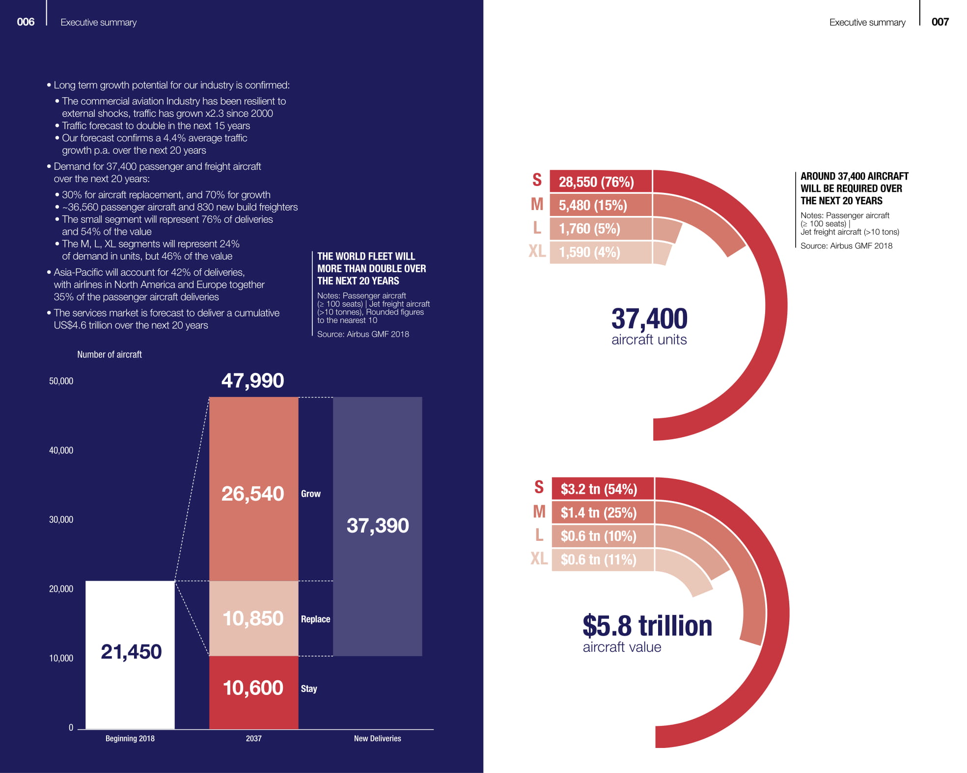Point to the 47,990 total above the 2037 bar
coord(252,381)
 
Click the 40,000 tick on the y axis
coord(61,451)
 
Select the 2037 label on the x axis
coord(253,739)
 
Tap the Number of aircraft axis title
coord(109,354)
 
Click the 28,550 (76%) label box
coord(600,182)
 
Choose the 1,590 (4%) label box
coord(600,252)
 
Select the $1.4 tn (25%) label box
coord(602,513)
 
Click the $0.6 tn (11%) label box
coord(602,560)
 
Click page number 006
coord(26,22)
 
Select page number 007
coord(940,22)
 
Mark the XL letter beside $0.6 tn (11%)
coord(539,559)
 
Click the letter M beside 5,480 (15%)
coord(537,204)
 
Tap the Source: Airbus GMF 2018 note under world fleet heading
coord(363,334)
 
